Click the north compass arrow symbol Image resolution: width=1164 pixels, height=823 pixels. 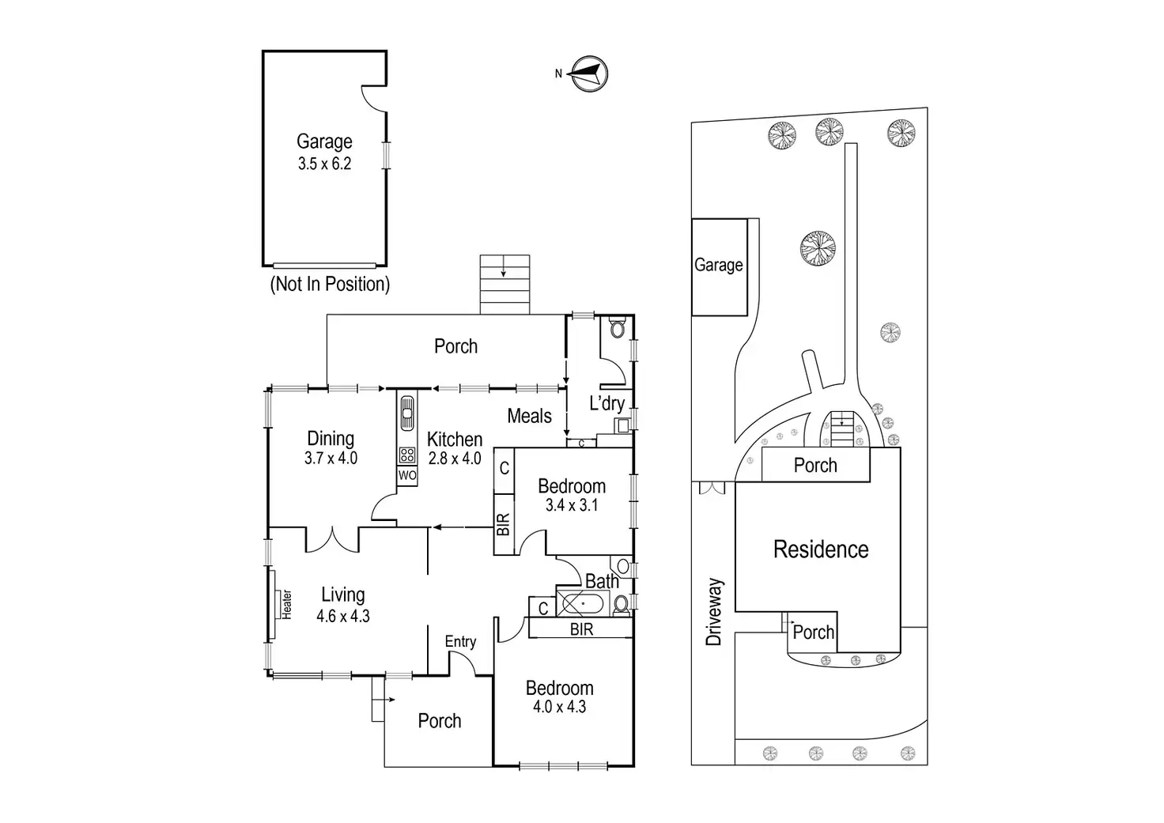(590, 74)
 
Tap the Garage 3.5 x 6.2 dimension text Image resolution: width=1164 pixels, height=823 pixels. (324, 164)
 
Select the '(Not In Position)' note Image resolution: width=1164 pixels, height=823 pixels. (330, 284)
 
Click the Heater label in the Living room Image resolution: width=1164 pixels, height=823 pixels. (286, 604)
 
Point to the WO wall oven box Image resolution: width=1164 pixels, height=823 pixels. (406, 476)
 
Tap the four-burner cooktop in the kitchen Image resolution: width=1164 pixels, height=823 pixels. (407, 455)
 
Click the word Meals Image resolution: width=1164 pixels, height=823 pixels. (529, 416)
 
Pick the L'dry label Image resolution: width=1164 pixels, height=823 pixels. (607, 403)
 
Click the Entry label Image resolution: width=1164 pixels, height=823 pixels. (460, 642)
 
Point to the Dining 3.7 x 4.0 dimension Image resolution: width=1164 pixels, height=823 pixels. (331, 458)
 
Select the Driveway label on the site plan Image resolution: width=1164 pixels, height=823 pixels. (715, 611)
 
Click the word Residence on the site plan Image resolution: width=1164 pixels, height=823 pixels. (820, 549)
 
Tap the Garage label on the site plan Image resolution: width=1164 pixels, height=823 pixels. (718, 265)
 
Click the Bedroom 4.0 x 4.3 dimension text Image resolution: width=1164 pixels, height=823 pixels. (559, 708)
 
